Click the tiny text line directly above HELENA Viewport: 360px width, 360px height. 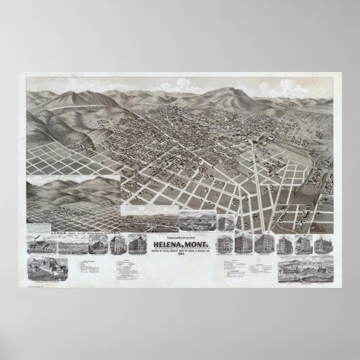point(180,237)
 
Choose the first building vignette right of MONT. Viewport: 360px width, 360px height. point(224,245)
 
